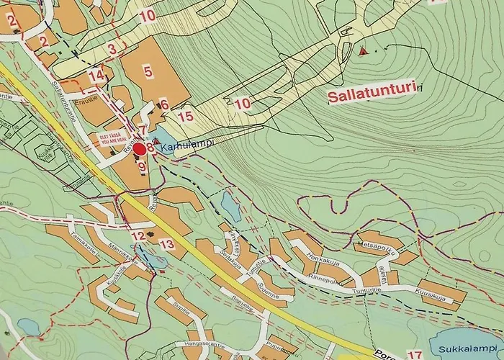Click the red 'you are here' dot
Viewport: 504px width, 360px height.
(x=139, y=149)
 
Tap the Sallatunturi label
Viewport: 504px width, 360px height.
(x=372, y=95)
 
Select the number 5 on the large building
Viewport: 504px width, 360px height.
(x=148, y=71)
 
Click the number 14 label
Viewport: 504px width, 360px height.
(x=96, y=76)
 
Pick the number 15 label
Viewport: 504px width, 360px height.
(x=186, y=116)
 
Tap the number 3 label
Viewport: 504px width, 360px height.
(x=111, y=49)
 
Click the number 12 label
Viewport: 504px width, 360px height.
(x=137, y=236)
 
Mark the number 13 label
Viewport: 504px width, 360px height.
(x=167, y=245)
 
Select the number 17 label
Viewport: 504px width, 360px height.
(x=414, y=354)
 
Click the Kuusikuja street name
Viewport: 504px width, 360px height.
(x=431, y=295)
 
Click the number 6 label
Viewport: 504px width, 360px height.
(x=164, y=105)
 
